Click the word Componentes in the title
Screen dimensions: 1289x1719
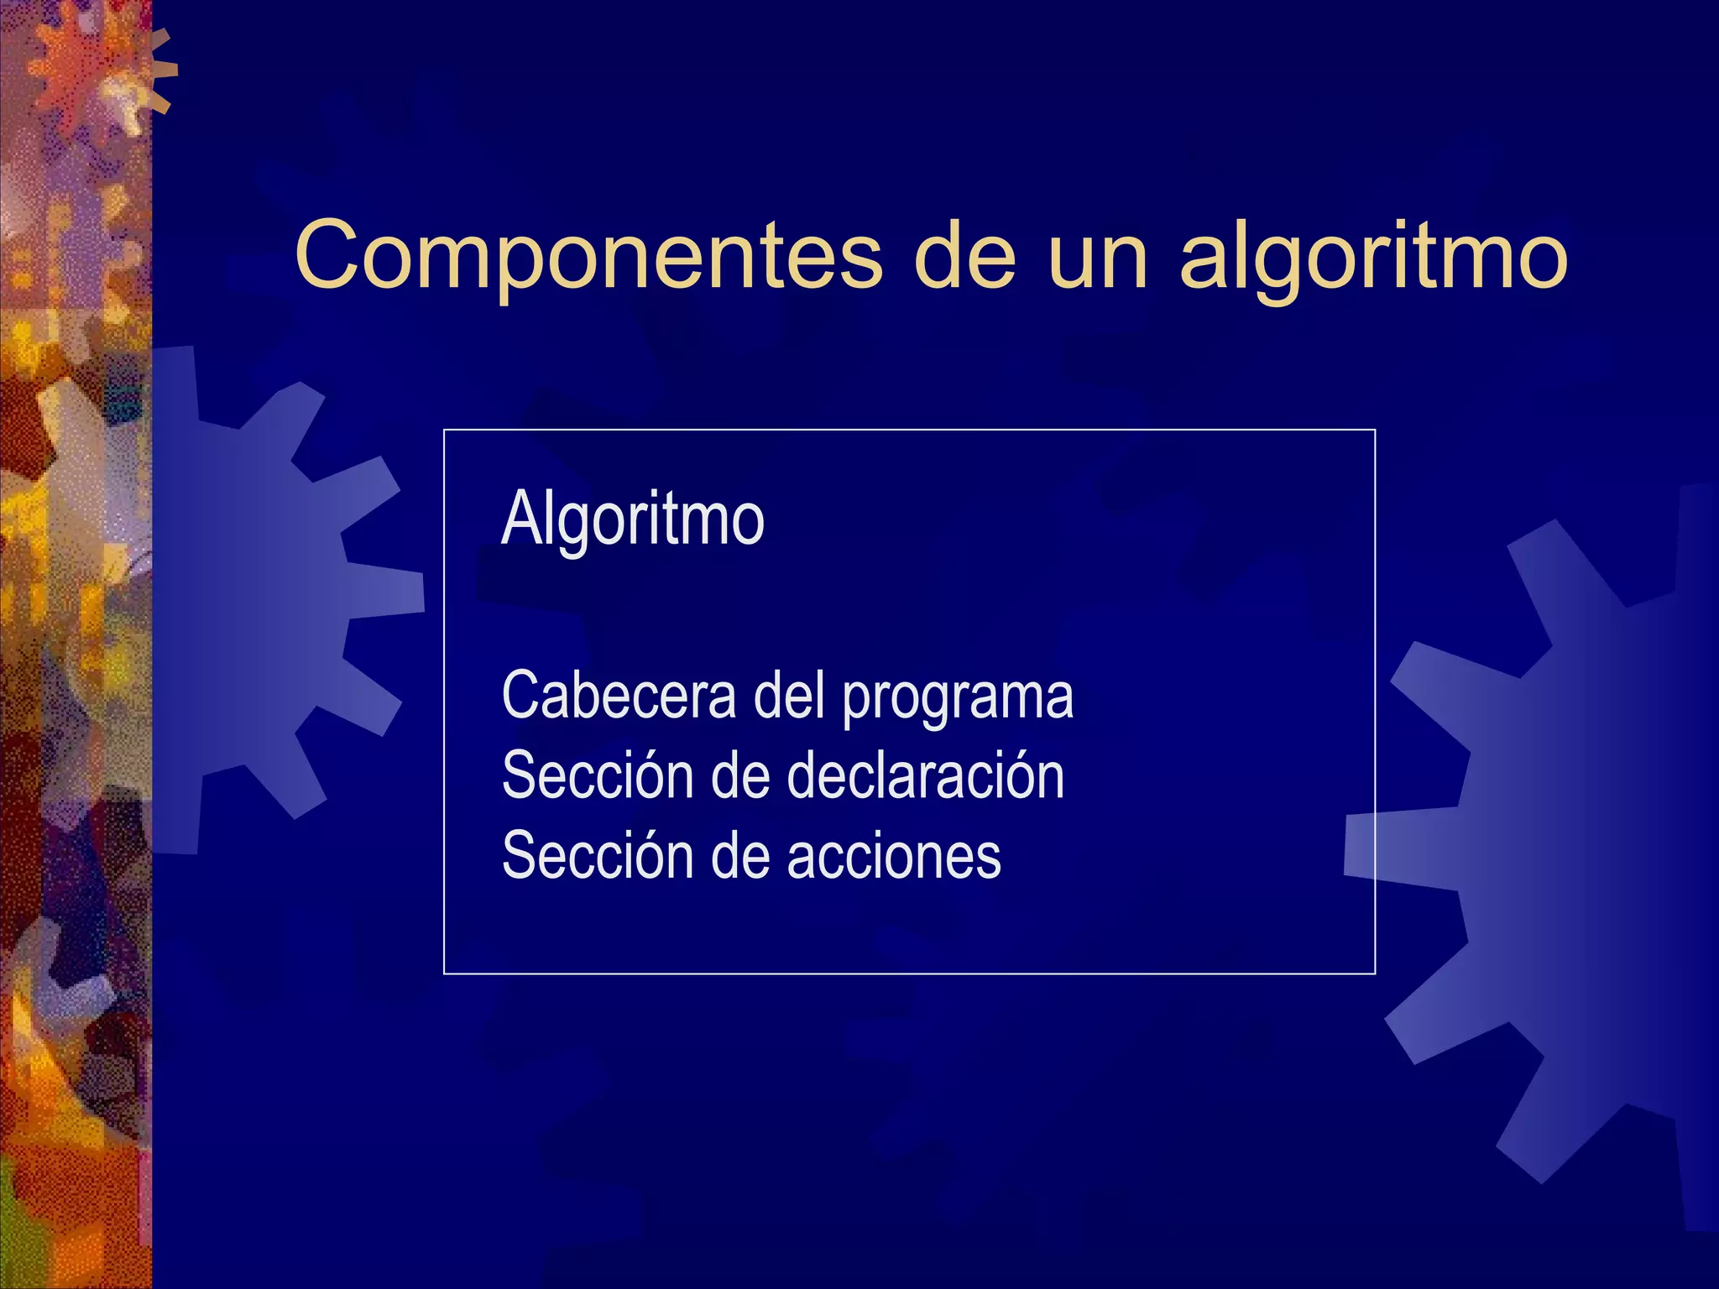588,255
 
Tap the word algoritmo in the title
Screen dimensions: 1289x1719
1373,255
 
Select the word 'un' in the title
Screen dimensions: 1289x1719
1098,255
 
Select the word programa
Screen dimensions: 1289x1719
958,697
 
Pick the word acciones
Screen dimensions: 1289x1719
895,855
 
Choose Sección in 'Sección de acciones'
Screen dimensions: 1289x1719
595,855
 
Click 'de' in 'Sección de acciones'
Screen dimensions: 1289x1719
740,855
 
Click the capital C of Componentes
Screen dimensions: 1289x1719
328,255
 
